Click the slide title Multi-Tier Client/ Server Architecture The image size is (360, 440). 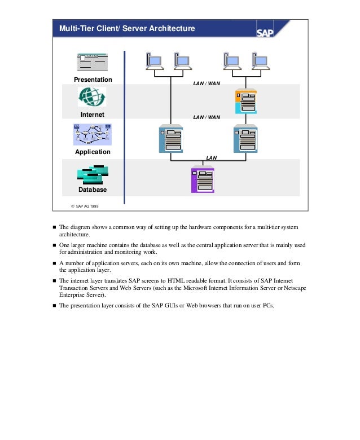click(x=124, y=28)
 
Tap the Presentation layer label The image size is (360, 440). click(x=93, y=80)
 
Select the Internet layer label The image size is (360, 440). click(x=93, y=115)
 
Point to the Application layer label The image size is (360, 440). click(x=93, y=152)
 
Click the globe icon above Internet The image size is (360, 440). click(x=92, y=97)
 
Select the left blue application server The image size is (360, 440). click(x=170, y=138)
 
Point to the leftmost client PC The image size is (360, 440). click(x=153, y=61)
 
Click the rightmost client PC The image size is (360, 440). click(x=260, y=61)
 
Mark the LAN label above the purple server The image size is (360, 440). click(x=212, y=158)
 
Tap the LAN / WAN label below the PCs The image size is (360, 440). click(x=207, y=83)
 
